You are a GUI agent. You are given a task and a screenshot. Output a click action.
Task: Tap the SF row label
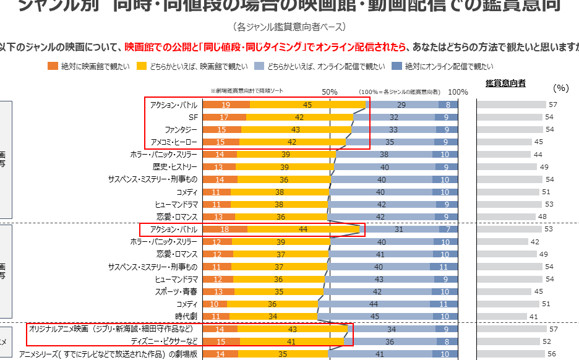[192, 117]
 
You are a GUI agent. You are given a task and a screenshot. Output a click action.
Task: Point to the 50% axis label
[330, 92]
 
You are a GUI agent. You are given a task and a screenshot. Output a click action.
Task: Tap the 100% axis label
[458, 92]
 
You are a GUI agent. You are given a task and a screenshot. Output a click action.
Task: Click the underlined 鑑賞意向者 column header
[505, 83]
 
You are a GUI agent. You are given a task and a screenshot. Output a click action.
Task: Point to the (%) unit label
[560, 88]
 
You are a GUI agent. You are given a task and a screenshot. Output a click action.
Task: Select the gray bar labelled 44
[508, 154]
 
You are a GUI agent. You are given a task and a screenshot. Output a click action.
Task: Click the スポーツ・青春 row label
[178, 291]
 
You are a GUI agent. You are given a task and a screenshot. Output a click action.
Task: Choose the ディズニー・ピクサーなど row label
[165, 341]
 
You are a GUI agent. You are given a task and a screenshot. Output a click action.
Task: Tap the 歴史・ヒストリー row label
[175, 166]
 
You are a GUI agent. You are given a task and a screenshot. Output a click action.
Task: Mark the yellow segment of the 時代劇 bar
[273, 316]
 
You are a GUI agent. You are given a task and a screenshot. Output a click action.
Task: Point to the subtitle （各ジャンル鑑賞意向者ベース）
[289, 27]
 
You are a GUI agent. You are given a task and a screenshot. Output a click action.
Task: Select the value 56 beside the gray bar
[552, 354]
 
